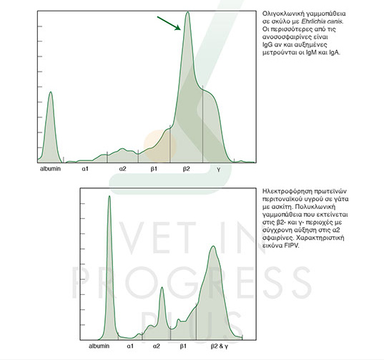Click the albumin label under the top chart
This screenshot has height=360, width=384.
[x=50, y=169]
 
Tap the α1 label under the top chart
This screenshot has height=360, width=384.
[x=85, y=169]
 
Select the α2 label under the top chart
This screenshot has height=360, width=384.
[x=123, y=169]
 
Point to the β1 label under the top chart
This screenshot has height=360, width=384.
[x=154, y=169]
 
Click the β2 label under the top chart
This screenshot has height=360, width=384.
[x=187, y=169]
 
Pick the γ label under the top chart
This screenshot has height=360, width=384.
[x=218, y=170]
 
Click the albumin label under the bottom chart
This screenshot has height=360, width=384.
[x=99, y=346]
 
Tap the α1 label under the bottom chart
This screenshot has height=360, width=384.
[x=130, y=346]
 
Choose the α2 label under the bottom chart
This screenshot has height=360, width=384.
[x=156, y=346]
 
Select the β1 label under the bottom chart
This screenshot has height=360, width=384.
[x=183, y=346]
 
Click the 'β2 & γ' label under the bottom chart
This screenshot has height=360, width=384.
[x=220, y=346]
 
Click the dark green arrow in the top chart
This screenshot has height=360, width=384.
[x=169, y=24]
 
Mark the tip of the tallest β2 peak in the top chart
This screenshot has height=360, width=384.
[x=187, y=11]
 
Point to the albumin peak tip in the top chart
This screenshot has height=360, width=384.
[x=51, y=92]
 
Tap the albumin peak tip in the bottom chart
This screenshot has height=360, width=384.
[x=109, y=196]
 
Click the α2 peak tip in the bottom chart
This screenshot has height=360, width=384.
[x=162, y=287]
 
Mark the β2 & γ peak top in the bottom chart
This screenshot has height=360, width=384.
[x=214, y=246]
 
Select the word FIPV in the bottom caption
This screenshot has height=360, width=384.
[x=292, y=245]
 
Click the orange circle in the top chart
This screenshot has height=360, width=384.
[x=160, y=146]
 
